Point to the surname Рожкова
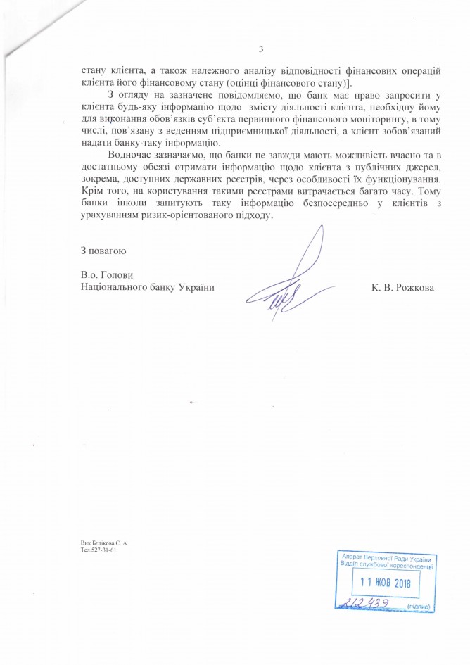pos(416,288)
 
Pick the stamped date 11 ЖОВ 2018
pos(385,583)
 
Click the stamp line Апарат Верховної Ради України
pos(385,557)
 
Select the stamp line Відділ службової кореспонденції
pos(385,565)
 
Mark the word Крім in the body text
pos(94,191)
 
